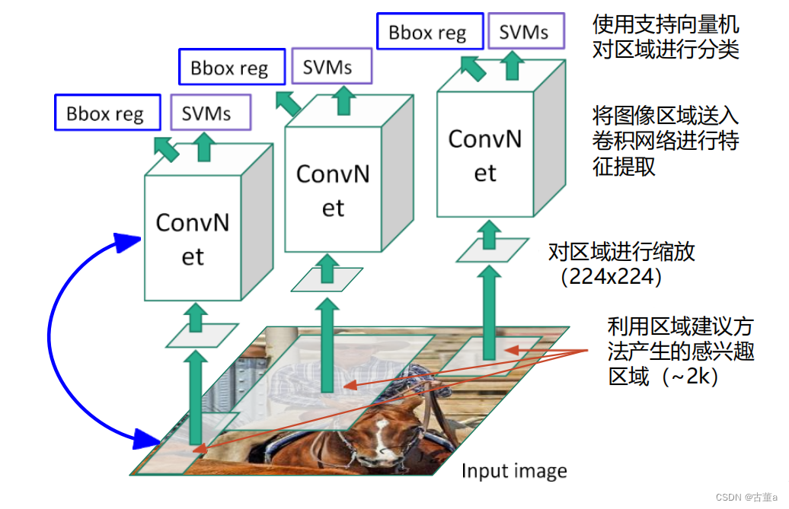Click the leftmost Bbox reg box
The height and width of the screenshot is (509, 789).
pyautogui.click(x=107, y=113)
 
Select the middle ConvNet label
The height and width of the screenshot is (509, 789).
pyautogui.click(x=333, y=189)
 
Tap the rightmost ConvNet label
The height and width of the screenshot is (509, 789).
pyautogui.click(x=485, y=155)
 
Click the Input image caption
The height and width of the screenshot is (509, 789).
pyautogui.click(x=514, y=471)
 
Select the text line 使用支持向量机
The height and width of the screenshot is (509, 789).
pyautogui.click(x=665, y=24)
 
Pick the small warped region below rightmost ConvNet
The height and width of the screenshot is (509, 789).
pyautogui.click(x=492, y=250)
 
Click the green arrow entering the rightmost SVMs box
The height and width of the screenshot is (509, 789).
pyautogui.click(x=513, y=66)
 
